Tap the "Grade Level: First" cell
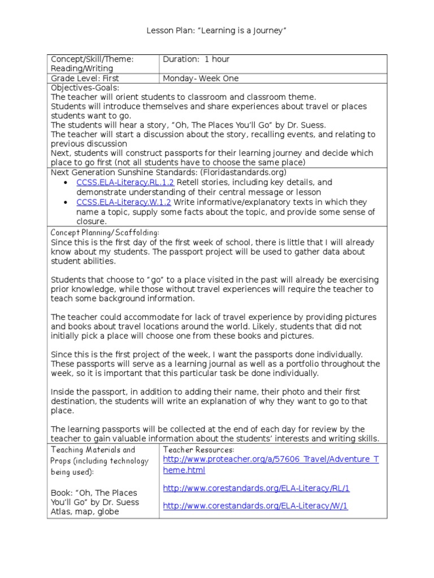85,78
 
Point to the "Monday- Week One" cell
201,78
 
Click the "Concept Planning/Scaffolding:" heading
105,233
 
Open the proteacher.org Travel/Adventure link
271,465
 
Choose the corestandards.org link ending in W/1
255,506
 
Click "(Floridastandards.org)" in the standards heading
248,172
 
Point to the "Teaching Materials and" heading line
93,450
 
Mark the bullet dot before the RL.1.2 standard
66,183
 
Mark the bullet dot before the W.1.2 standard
66,203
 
